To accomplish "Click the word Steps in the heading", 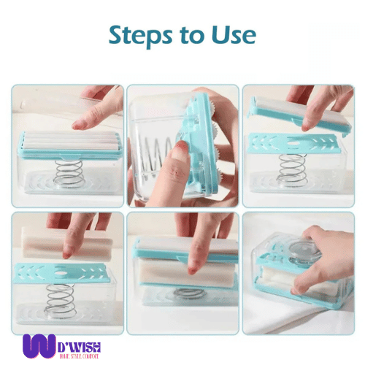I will click(x=142, y=36).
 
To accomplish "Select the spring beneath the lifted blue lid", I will click(x=292, y=169).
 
